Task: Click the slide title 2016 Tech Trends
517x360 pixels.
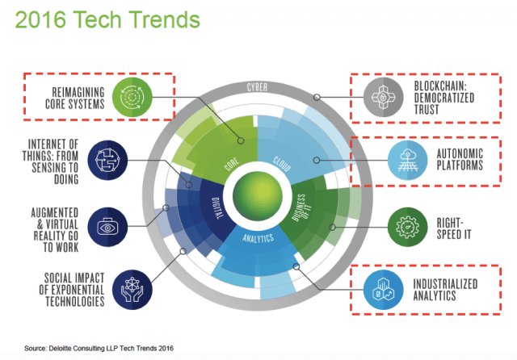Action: coord(107,19)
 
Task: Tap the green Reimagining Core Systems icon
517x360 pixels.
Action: coord(132,97)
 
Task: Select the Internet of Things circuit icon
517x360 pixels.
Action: coord(107,160)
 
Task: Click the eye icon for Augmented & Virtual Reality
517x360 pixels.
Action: coord(107,227)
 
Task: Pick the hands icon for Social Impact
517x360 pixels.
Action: coord(132,290)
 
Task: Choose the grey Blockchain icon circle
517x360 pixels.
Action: coord(383,97)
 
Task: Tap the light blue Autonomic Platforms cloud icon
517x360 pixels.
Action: coord(407,160)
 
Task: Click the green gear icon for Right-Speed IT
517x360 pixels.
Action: coord(407,227)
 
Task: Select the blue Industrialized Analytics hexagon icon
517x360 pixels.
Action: coord(383,290)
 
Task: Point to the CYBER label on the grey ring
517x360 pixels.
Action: coord(257,87)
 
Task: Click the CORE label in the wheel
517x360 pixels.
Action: coord(232,164)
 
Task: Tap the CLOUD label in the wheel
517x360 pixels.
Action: coord(282,164)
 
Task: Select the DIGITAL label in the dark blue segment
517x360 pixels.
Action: coord(216,208)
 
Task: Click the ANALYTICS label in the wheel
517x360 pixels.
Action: coord(258,238)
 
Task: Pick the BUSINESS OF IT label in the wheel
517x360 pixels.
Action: coord(300,207)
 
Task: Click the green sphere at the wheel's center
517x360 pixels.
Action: coord(258,195)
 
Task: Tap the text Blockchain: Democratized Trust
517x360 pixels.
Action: coord(444,98)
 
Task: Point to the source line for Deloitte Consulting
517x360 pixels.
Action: coord(99,348)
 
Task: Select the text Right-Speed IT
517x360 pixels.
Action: coord(454,228)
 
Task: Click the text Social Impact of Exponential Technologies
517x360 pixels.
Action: coord(72,290)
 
